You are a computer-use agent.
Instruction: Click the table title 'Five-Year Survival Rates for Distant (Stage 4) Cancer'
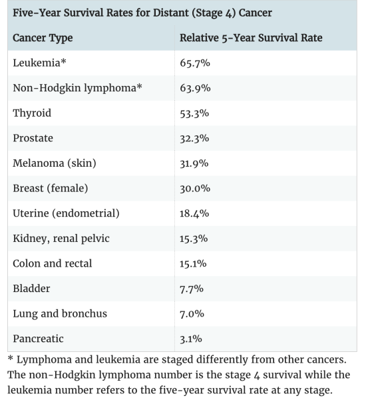click(142, 13)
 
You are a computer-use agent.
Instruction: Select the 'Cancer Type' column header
click(43, 38)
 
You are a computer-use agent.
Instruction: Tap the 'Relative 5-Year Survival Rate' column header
click(251, 38)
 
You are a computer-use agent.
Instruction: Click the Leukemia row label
click(39, 63)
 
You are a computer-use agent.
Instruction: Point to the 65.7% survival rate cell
click(195, 63)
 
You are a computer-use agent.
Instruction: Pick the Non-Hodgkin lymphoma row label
click(77, 88)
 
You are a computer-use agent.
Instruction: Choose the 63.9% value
click(195, 88)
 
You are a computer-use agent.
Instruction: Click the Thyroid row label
click(32, 113)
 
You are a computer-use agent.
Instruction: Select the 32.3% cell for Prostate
click(194, 138)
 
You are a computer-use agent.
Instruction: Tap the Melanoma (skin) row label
click(55, 163)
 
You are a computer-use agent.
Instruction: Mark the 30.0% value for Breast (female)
click(195, 189)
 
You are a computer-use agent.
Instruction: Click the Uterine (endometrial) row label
click(66, 213)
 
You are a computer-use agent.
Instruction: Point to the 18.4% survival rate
click(194, 213)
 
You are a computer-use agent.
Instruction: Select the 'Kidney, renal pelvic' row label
click(61, 239)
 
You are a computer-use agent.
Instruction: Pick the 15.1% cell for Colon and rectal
click(193, 264)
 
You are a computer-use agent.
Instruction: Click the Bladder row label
click(31, 289)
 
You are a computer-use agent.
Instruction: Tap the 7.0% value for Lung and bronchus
click(192, 314)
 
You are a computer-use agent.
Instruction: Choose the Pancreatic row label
click(38, 339)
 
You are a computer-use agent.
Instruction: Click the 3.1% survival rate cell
click(191, 339)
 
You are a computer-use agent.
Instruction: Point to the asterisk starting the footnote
click(11, 359)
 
